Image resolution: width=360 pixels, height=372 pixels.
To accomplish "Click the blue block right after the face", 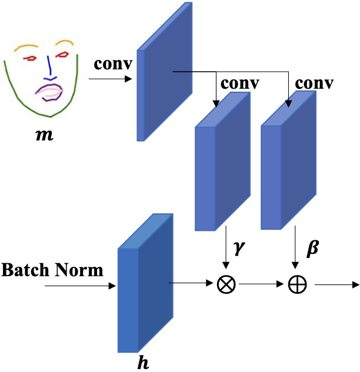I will (164, 73).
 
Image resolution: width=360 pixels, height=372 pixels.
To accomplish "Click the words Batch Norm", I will (52, 271).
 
